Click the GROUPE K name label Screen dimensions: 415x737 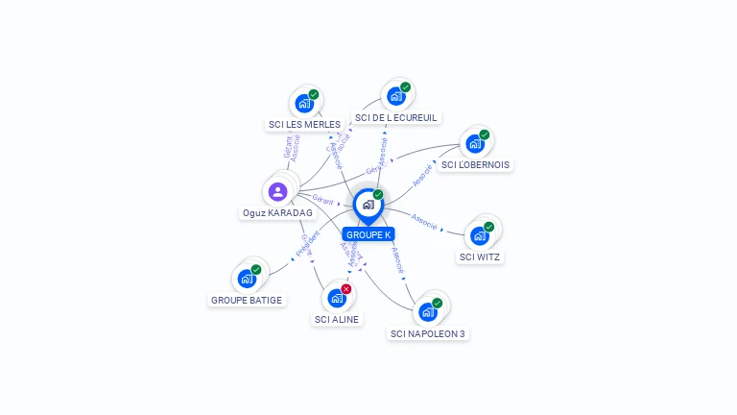point(368,234)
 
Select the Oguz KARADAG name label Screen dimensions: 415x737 point(277,212)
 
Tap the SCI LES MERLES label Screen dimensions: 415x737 point(304,124)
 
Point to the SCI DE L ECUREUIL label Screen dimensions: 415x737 point(395,117)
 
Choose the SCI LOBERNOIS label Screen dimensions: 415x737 point(475,164)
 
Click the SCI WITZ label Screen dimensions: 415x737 point(480,256)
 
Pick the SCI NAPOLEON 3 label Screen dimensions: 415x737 point(428,333)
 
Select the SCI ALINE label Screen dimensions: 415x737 point(337,319)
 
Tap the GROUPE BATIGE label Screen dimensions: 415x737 point(247,300)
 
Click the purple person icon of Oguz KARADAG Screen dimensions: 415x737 point(277,191)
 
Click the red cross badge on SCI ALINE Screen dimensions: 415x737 point(346,289)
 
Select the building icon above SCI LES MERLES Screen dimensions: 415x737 point(304,103)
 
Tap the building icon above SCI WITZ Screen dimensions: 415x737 point(479,235)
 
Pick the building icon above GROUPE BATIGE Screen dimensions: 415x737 point(247,279)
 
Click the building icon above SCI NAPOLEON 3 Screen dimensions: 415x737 point(427,311)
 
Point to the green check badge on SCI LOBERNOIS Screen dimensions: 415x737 point(485,134)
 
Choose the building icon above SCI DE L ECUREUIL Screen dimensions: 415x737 point(395,96)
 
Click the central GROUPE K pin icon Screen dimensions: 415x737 point(368,205)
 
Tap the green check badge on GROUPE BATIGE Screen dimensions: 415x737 point(256,270)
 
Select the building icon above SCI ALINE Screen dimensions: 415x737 point(336,298)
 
